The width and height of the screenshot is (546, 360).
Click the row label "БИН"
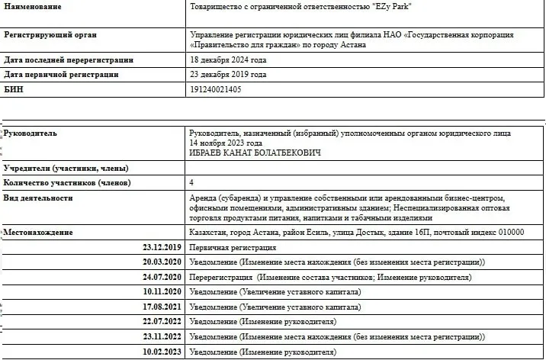(x=14, y=89)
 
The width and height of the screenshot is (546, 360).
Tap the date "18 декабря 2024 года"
(x=227, y=59)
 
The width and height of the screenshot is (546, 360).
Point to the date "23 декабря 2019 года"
(x=227, y=75)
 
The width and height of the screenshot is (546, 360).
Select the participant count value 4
(x=191, y=183)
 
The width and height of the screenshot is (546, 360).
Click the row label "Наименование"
(x=33, y=6)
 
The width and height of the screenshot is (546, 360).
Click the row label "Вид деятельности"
(x=38, y=198)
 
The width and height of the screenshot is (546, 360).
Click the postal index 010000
(x=506, y=232)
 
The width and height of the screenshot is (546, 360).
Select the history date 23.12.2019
(x=162, y=247)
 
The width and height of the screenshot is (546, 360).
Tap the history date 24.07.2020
(x=162, y=277)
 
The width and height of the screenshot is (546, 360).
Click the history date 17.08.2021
(x=162, y=307)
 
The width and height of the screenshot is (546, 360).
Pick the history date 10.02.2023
(x=162, y=352)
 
